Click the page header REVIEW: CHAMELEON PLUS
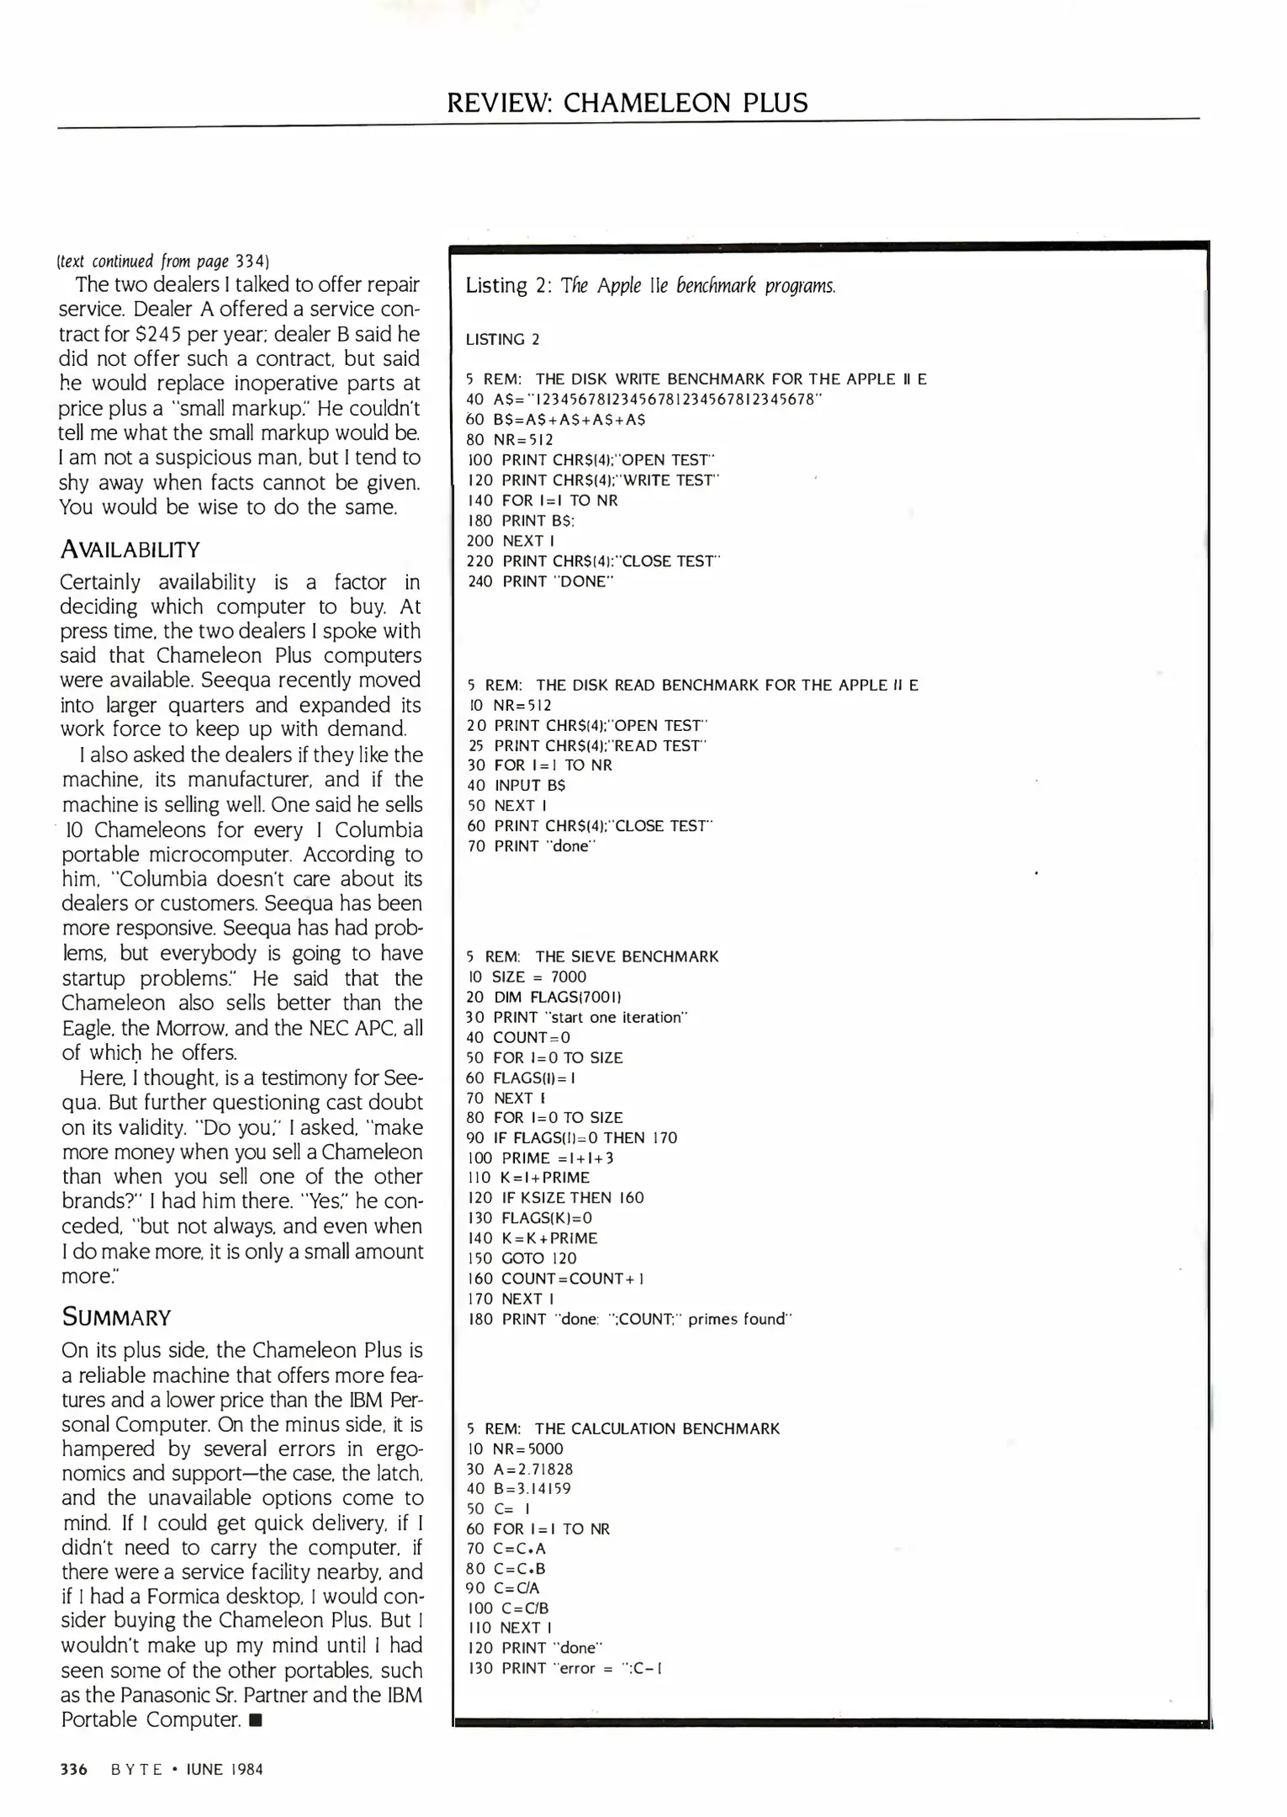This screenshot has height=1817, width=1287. pyautogui.click(x=627, y=103)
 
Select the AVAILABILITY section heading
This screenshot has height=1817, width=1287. pyautogui.click(x=130, y=549)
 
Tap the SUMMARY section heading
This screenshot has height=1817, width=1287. pyautogui.click(x=117, y=1316)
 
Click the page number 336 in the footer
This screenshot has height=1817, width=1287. pyautogui.click(x=74, y=1769)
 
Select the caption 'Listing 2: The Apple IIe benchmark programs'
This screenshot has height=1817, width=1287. pyautogui.click(x=650, y=286)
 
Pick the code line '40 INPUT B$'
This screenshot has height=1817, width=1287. pyautogui.click(x=516, y=786)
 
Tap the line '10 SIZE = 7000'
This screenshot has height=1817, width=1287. pyautogui.click(x=527, y=977)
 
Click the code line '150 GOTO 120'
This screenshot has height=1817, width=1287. pyautogui.click(x=522, y=1258)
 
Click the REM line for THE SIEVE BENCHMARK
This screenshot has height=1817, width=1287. pyautogui.click(x=592, y=956)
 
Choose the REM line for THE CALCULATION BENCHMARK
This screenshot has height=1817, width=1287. pyautogui.click(x=623, y=1428)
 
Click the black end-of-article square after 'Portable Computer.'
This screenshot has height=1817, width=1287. pyautogui.click(x=256, y=1720)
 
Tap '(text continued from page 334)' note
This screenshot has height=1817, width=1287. pyautogui.click(x=163, y=261)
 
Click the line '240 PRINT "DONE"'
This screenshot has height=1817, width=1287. pyautogui.click(x=540, y=581)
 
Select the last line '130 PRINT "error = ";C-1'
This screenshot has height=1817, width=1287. pyautogui.click(x=564, y=1668)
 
